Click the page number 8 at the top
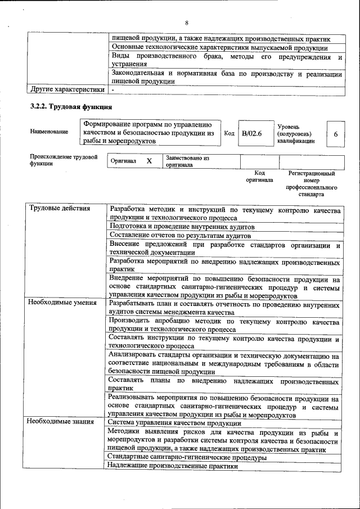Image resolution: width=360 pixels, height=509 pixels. coord(186,22)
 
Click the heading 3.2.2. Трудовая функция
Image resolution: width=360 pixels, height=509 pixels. coord(71,107)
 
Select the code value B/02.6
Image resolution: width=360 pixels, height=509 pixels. coord(252,134)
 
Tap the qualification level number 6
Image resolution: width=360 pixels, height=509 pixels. coord(335,134)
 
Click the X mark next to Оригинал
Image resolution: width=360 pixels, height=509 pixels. coord(149,161)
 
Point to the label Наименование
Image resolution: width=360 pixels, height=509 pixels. coord(49,132)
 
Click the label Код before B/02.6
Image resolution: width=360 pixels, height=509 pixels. coord(229,134)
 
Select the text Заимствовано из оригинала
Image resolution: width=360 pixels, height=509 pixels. coord(187,162)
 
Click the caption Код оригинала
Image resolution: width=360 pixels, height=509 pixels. coord(259,177)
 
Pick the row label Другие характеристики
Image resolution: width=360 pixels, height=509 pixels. coord(67,89)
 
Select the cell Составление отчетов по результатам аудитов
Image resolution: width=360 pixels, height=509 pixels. coord(180,235)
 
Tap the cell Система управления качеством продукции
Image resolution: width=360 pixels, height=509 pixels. coord(166,423)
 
